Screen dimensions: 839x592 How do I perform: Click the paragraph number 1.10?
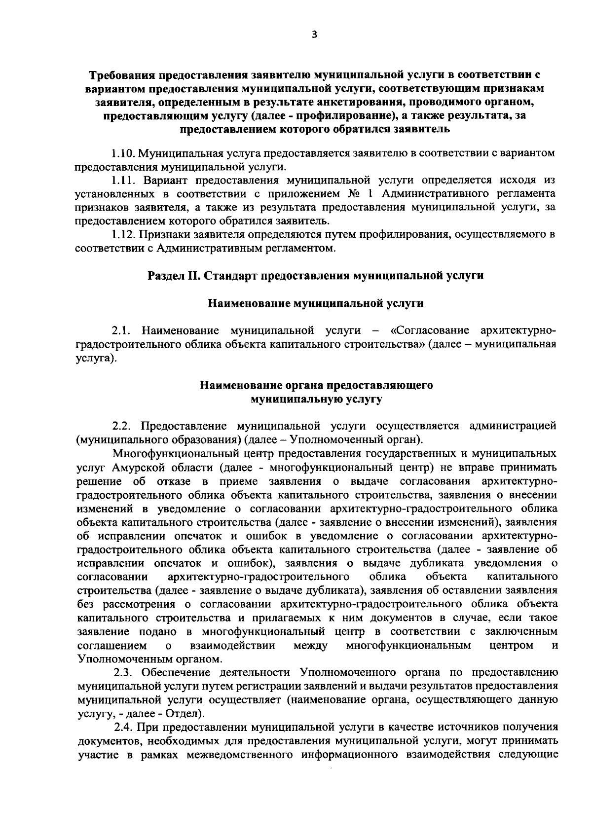[x=123, y=153]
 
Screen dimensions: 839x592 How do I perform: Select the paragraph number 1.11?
[x=123, y=181]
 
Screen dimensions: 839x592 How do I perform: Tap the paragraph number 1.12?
[x=123, y=234]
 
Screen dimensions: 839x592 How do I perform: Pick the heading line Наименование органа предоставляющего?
[x=316, y=385]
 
